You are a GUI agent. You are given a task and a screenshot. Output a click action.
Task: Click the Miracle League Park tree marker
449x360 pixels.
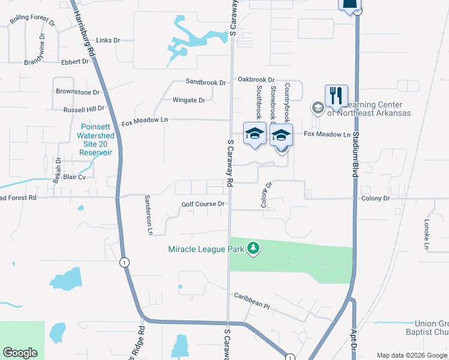[x=254, y=248]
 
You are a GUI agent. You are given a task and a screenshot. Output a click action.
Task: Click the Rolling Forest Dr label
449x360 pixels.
[x=32, y=22]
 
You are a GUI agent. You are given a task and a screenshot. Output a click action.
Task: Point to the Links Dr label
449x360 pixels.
[x=108, y=40]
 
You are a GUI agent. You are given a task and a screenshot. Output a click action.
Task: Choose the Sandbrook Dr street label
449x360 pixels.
[x=205, y=82]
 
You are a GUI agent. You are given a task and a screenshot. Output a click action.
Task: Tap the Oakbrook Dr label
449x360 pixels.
[x=256, y=79]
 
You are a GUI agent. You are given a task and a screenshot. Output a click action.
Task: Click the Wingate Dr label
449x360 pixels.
[x=189, y=100]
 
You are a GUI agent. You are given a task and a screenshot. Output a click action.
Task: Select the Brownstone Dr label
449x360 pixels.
[x=77, y=92]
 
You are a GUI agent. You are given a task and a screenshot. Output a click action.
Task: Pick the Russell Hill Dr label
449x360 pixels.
[x=84, y=109]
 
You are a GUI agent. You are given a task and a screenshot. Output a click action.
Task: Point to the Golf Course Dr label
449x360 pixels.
[x=203, y=204]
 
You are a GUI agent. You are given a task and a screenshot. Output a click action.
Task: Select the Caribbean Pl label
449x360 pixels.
[x=253, y=300]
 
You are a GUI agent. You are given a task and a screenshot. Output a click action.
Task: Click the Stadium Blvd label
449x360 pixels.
[x=356, y=138]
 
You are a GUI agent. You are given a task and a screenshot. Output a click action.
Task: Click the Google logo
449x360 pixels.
[x=20, y=353]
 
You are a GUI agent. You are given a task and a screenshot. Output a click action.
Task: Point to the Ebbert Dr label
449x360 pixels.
[x=75, y=61]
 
